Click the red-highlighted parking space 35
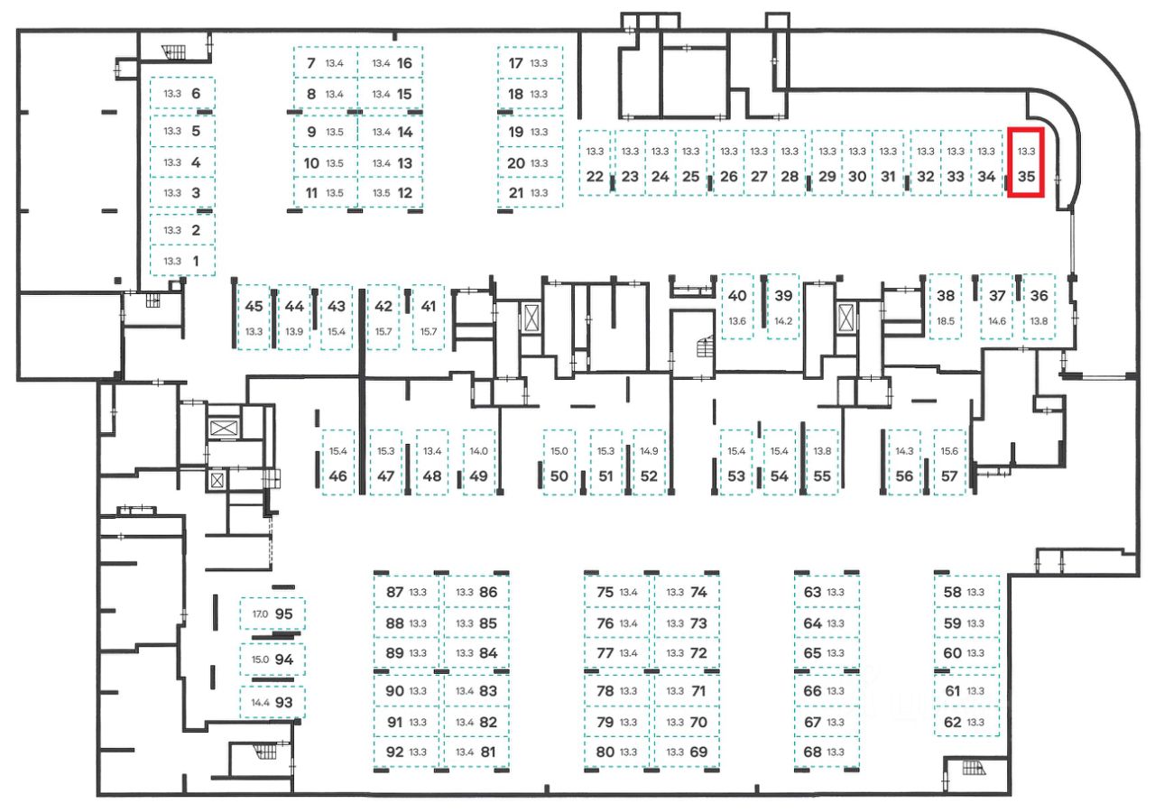1025,163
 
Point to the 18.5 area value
946,320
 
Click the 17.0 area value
260,614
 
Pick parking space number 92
407,752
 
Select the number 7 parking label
311,63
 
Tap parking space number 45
254,317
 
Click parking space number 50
559,462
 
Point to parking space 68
826,752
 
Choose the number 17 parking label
516,63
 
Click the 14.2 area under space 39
783,320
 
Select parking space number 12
391,192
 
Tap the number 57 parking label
948,476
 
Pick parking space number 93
273,702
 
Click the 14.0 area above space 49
478,450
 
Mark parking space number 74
686,593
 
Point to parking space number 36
1039,306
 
